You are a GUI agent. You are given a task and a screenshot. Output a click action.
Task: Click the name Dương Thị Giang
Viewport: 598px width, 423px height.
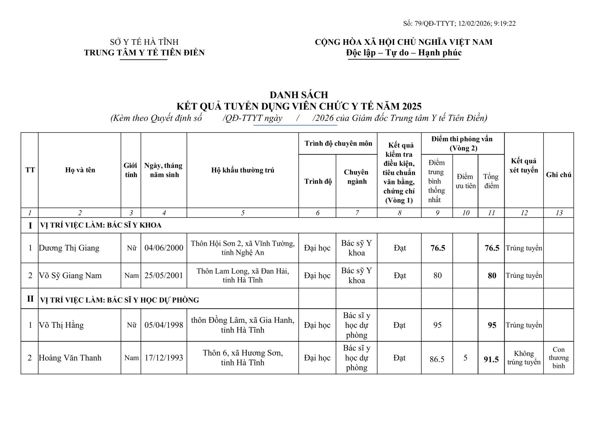tap(69, 248)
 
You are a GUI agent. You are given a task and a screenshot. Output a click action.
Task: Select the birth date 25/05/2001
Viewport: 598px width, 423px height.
tap(164, 275)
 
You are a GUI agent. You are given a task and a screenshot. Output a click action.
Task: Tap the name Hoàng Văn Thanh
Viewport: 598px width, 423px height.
tap(70, 358)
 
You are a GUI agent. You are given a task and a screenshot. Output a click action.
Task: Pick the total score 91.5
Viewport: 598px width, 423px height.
tap(491, 359)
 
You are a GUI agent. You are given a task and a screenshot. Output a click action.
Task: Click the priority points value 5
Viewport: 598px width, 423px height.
tap(465, 358)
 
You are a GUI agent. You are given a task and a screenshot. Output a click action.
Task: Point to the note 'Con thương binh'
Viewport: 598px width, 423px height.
tap(558, 358)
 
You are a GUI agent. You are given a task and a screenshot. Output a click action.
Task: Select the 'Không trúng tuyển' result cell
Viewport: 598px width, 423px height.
tap(524, 358)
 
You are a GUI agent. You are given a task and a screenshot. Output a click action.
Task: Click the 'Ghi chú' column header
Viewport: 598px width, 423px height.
tap(558, 175)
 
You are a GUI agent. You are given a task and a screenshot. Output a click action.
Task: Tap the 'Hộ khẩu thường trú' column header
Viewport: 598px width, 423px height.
tap(243, 170)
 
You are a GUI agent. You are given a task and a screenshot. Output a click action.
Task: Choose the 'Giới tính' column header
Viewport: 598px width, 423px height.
tap(131, 170)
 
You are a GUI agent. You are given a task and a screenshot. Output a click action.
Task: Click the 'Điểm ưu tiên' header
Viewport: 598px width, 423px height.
tap(465, 181)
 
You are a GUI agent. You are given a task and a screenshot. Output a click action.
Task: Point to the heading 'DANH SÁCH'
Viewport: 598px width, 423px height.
tap(299, 95)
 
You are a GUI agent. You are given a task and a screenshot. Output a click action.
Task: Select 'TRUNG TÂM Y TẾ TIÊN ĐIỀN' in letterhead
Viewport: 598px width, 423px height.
tap(144, 53)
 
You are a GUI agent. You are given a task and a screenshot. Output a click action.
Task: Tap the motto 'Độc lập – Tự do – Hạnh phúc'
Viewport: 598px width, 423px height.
tap(404, 53)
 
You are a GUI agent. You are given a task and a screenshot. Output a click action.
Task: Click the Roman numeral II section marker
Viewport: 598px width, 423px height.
tap(30, 299)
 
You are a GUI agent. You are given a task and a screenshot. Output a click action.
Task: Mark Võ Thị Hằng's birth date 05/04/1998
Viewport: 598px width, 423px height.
tap(164, 325)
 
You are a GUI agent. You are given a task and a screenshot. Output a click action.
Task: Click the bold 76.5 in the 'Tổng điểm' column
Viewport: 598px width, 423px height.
tap(491, 248)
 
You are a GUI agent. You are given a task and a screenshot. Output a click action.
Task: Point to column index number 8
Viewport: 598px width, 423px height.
tap(399, 213)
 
